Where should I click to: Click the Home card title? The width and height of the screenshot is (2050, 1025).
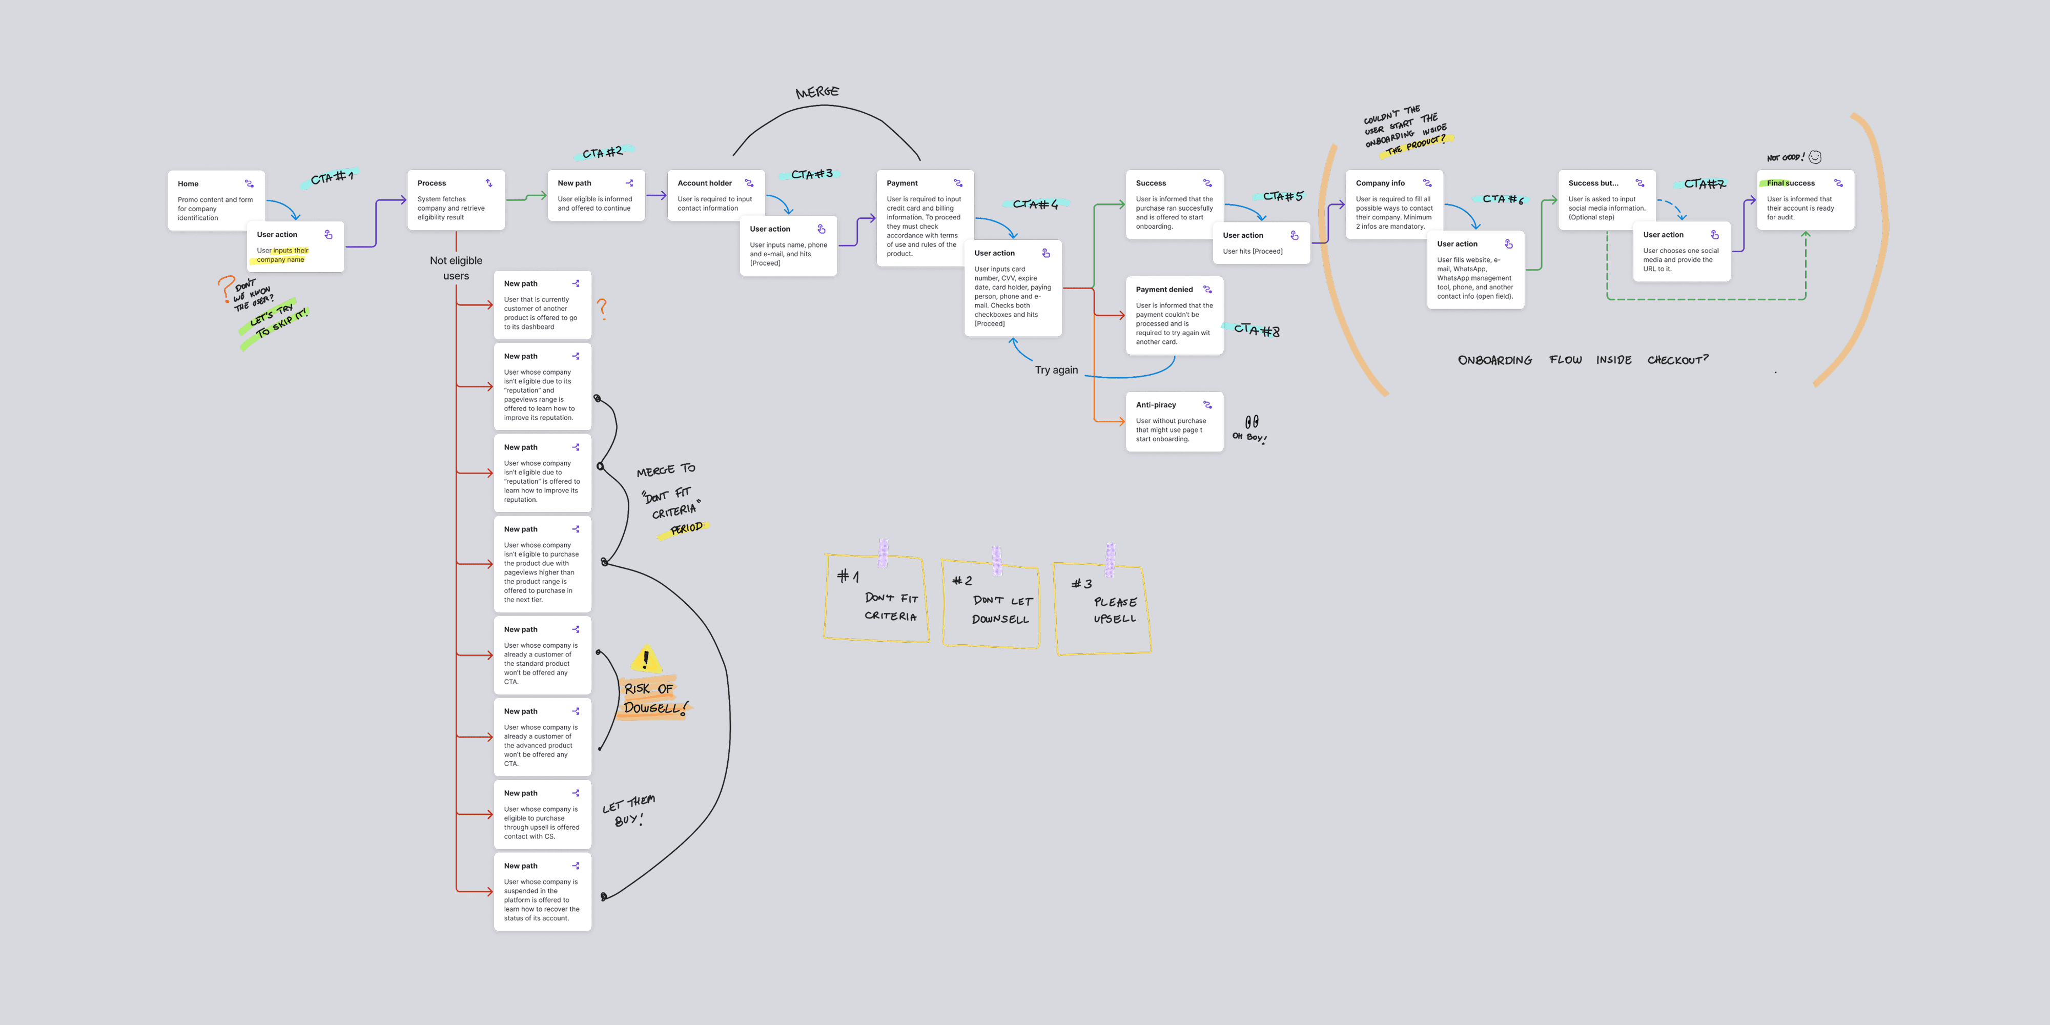pos(188,184)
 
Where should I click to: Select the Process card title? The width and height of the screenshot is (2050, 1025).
pos(432,183)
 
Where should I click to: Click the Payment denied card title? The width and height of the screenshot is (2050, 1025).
pos(1163,290)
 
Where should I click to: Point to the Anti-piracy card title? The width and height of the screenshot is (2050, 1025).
pos(1156,405)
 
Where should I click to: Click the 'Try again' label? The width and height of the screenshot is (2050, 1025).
pos(1056,370)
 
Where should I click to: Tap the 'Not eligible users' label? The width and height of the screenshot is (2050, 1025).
pos(456,268)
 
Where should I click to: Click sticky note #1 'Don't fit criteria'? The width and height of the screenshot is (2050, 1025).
pos(876,599)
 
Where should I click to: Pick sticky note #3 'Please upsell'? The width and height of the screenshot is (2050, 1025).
pos(1103,609)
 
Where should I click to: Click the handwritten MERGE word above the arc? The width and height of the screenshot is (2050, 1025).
pos(817,92)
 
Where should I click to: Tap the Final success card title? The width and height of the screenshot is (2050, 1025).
pos(1791,183)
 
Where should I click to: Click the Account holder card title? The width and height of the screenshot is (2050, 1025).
pos(704,183)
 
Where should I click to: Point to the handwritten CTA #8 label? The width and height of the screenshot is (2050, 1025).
pos(1257,330)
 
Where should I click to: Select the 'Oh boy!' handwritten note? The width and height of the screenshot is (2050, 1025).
pos(1249,430)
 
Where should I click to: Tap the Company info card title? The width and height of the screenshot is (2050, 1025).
pos(1380,183)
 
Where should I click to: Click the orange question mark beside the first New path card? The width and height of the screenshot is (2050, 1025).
pos(602,309)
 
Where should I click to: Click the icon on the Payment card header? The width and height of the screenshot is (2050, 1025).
pos(958,183)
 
